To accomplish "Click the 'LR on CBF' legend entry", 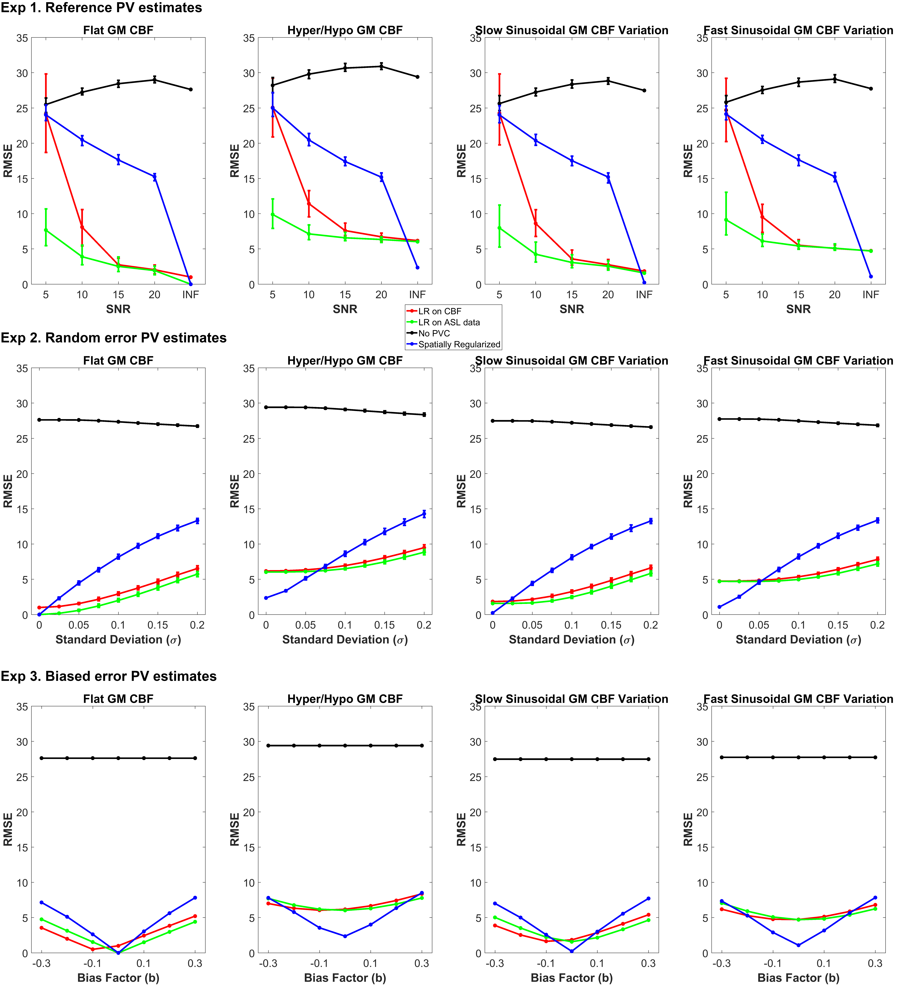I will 439,311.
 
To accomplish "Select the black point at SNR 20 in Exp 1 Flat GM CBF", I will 155,80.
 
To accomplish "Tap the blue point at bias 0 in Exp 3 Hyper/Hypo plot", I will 345,936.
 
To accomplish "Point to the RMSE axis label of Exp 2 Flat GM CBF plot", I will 8,491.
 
